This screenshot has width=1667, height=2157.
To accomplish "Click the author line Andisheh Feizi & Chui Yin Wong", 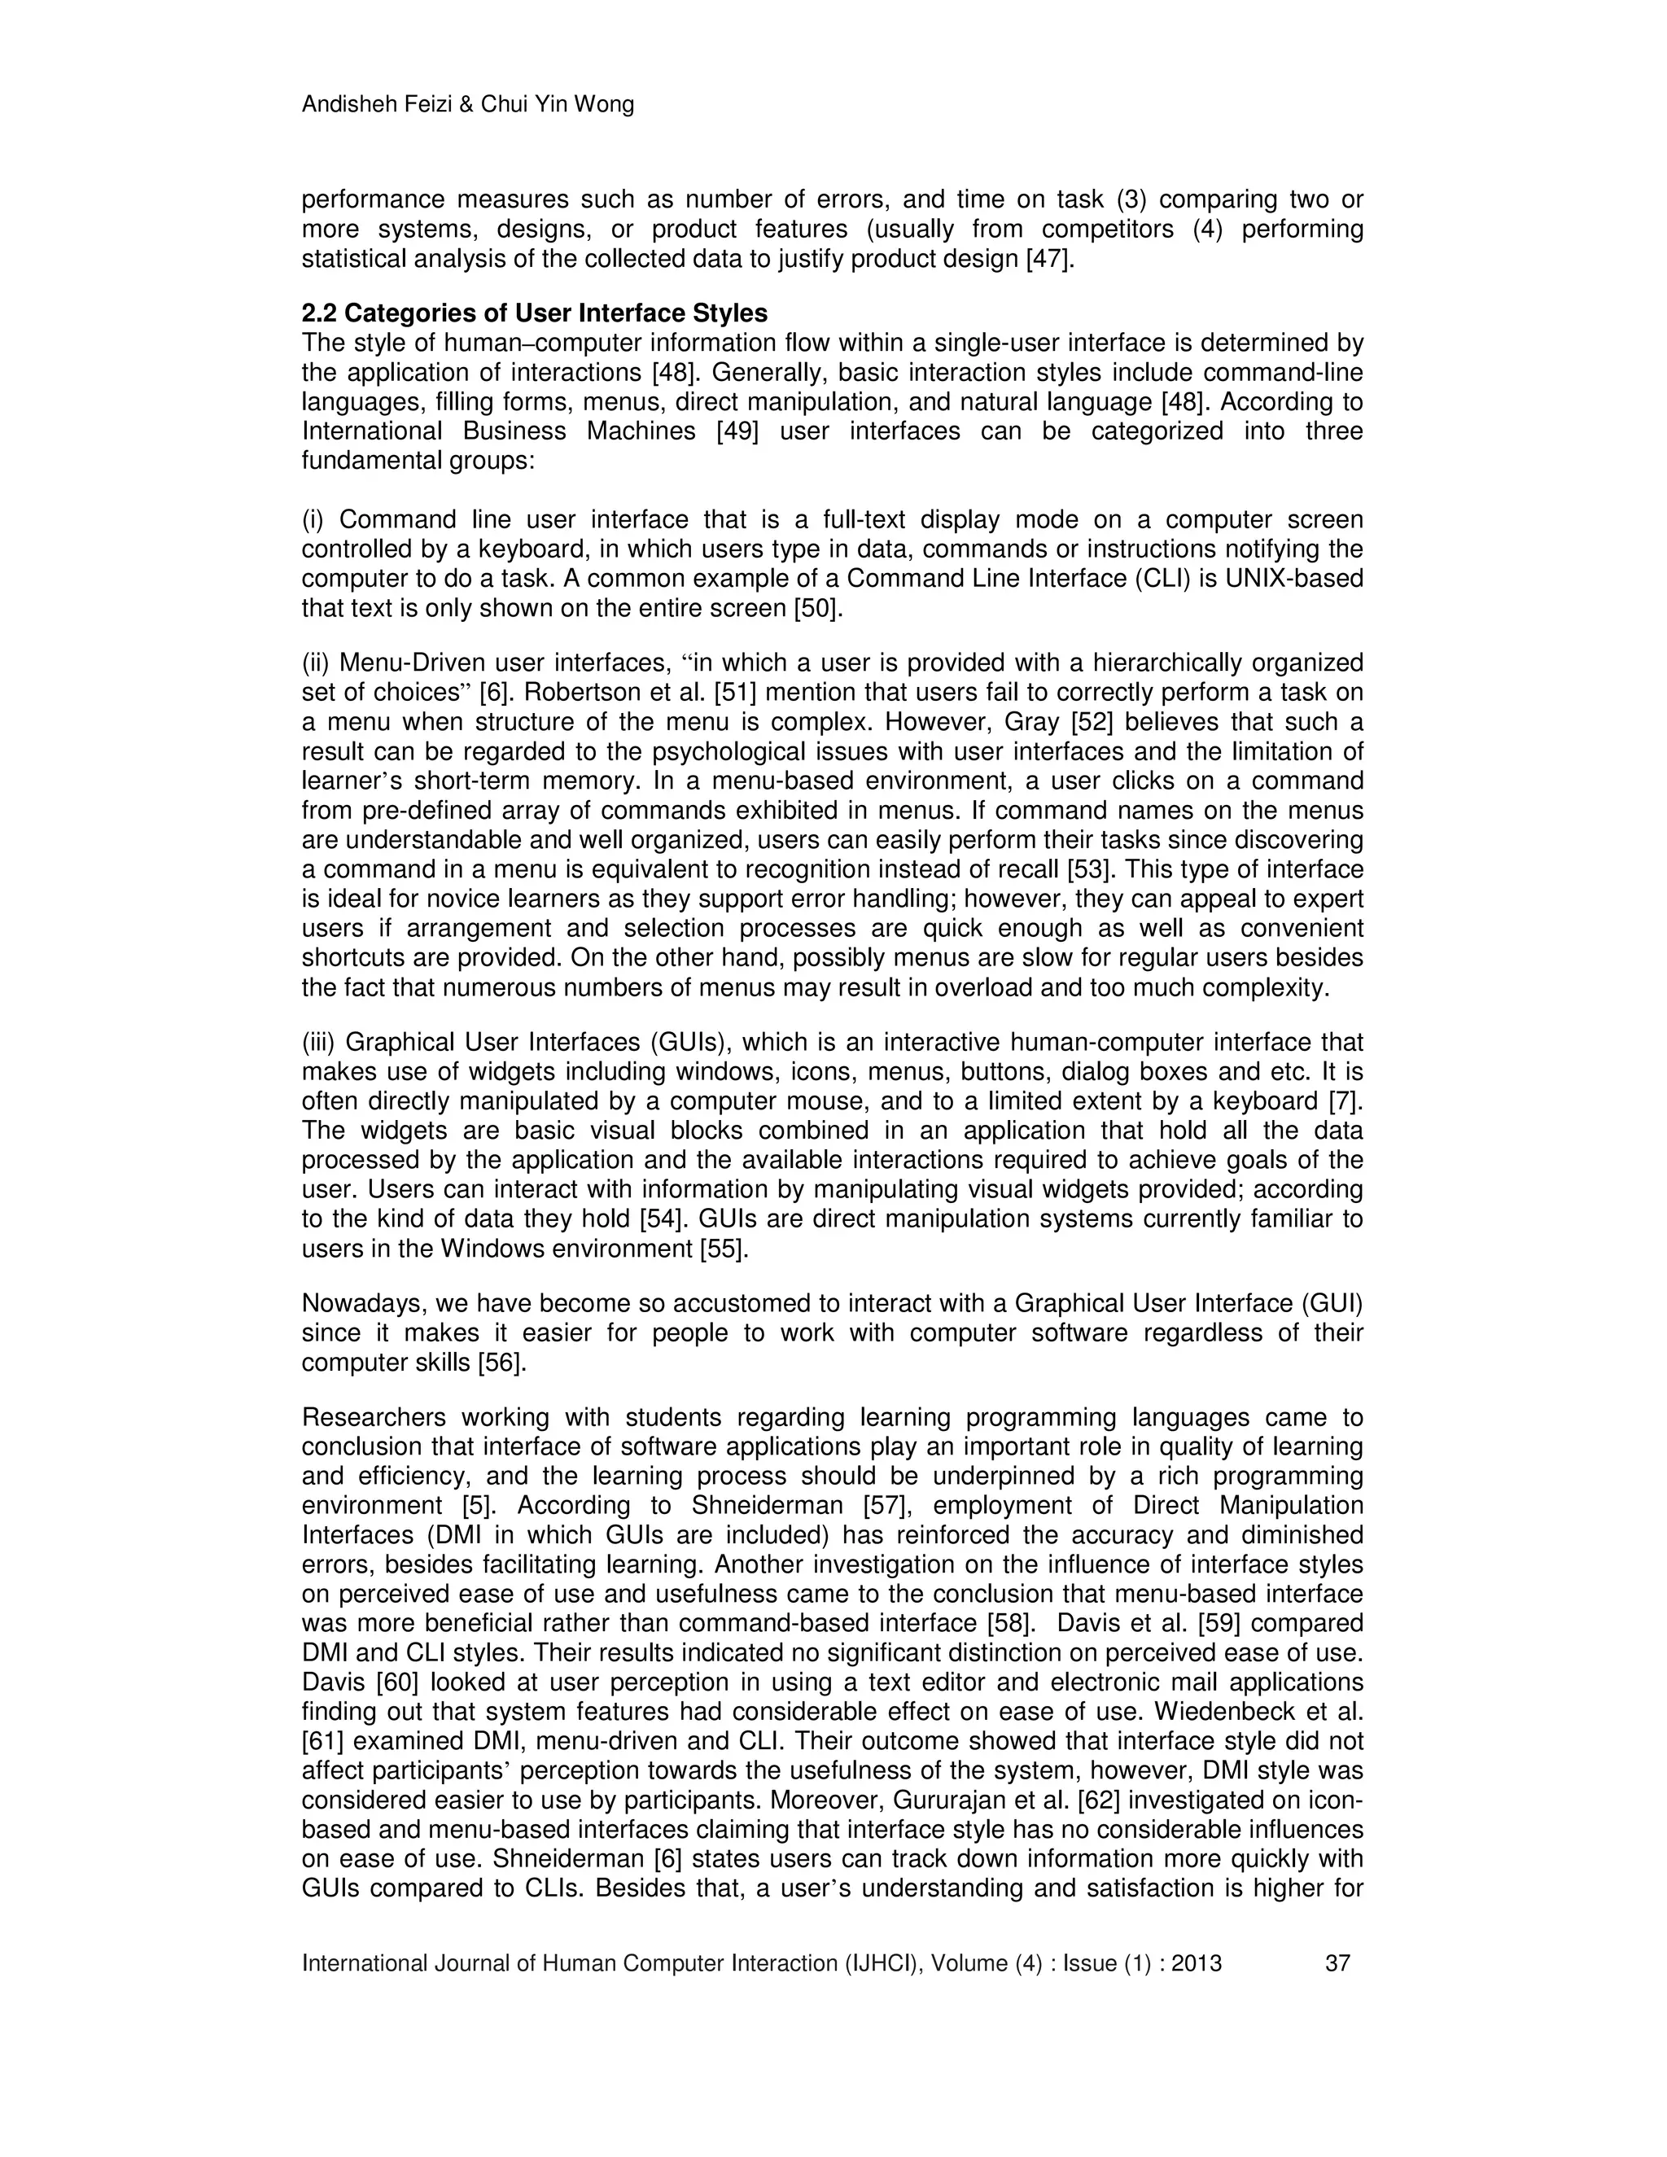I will [467, 105].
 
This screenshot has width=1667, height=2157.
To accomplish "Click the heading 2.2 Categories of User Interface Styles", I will [534, 313].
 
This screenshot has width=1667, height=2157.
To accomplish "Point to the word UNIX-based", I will [1293, 578].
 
